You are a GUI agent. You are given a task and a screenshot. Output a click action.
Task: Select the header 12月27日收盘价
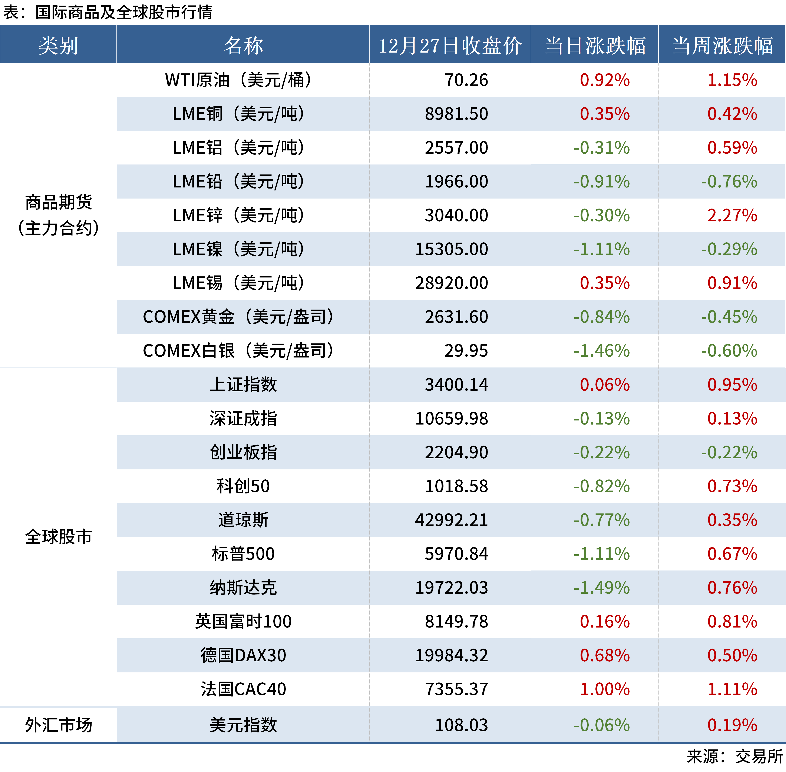click(x=450, y=45)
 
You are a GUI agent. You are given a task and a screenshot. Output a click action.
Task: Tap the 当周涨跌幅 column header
click(x=722, y=45)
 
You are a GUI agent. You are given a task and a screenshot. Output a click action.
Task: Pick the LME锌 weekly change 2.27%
click(x=732, y=215)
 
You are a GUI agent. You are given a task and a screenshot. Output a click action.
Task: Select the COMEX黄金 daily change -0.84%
click(x=601, y=317)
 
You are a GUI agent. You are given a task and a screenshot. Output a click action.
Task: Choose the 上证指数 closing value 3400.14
click(x=456, y=384)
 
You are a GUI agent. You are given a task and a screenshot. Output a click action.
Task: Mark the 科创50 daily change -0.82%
click(x=601, y=486)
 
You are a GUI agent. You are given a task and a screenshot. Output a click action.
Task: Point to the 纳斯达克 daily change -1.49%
click(x=601, y=588)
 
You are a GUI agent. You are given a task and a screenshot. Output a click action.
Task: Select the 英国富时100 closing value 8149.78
click(x=456, y=621)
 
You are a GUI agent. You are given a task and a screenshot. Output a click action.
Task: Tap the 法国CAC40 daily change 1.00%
click(x=605, y=689)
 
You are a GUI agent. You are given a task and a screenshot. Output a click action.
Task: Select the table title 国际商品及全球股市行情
click(x=124, y=12)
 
